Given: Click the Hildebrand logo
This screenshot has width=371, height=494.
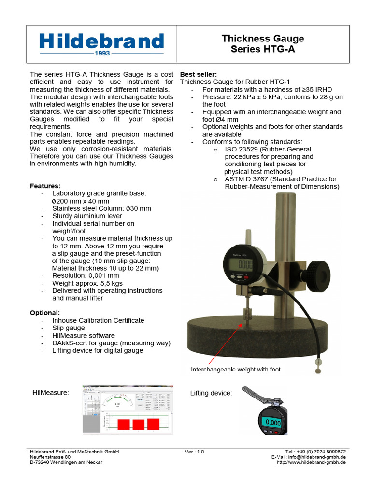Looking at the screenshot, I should pyautogui.click(x=101, y=43).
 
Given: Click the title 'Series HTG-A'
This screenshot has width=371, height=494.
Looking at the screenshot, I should pyautogui.click(x=262, y=49).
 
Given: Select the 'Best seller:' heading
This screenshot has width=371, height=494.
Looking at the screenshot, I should pyautogui.click(x=199, y=74).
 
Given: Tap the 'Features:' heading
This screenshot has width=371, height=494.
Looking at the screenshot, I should pyautogui.click(x=45, y=186).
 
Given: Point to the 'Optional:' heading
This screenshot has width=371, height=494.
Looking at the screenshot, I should pyautogui.click(x=45, y=313).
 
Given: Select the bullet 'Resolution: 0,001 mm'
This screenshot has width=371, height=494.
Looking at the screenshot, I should pyautogui.click(x=86, y=276).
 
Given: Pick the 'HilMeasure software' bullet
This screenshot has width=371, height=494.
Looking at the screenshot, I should pyautogui.click(x=84, y=335).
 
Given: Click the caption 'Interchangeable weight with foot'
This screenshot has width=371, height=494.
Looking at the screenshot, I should pyautogui.click(x=236, y=370).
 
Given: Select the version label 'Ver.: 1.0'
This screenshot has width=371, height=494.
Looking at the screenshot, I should pyautogui.click(x=194, y=452).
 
